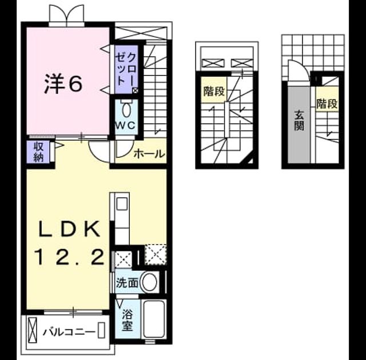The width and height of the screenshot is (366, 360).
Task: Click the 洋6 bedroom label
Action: pyautogui.click(x=63, y=83)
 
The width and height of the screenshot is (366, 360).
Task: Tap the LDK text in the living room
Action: pyautogui.click(x=69, y=229)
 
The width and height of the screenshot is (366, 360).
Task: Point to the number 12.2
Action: pyautogui.click(x=69, y=257)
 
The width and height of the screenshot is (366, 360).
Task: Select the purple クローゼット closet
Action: pyautogui.click(x=126, y=69)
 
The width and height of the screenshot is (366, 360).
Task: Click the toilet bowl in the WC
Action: pyautogui.click(x=126, y=110)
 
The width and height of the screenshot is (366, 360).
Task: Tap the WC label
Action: pyautogui.click(x=126, y=126)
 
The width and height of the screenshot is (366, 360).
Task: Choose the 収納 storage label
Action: pyautogui.click(x=38, y=152)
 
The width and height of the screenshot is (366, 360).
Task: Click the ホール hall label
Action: pyautogui.click(x=149, y=154)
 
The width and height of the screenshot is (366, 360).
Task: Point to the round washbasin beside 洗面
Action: pyautogui.click(x=150, y=282)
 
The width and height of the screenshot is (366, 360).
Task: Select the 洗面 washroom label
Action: pyautogui.click(x=127, y=283)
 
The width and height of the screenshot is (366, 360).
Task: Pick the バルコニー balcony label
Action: pyautogui.click(x=69, y=332)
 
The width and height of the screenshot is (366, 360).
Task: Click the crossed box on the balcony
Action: pyautogui.click(x=33, y=330)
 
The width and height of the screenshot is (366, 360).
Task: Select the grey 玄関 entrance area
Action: pyautogui.click(x=299, y=125)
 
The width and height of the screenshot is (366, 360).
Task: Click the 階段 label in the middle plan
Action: pyautogui.click(x=214, y=91)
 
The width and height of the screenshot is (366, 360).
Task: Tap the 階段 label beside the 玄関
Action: pyautogui.click(x=327, y=103)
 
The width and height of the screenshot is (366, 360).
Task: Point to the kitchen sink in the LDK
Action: pyautogui.click(x=122, y=204)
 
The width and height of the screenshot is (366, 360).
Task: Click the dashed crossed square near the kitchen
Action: pyautogui.click(x=156, y=255)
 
